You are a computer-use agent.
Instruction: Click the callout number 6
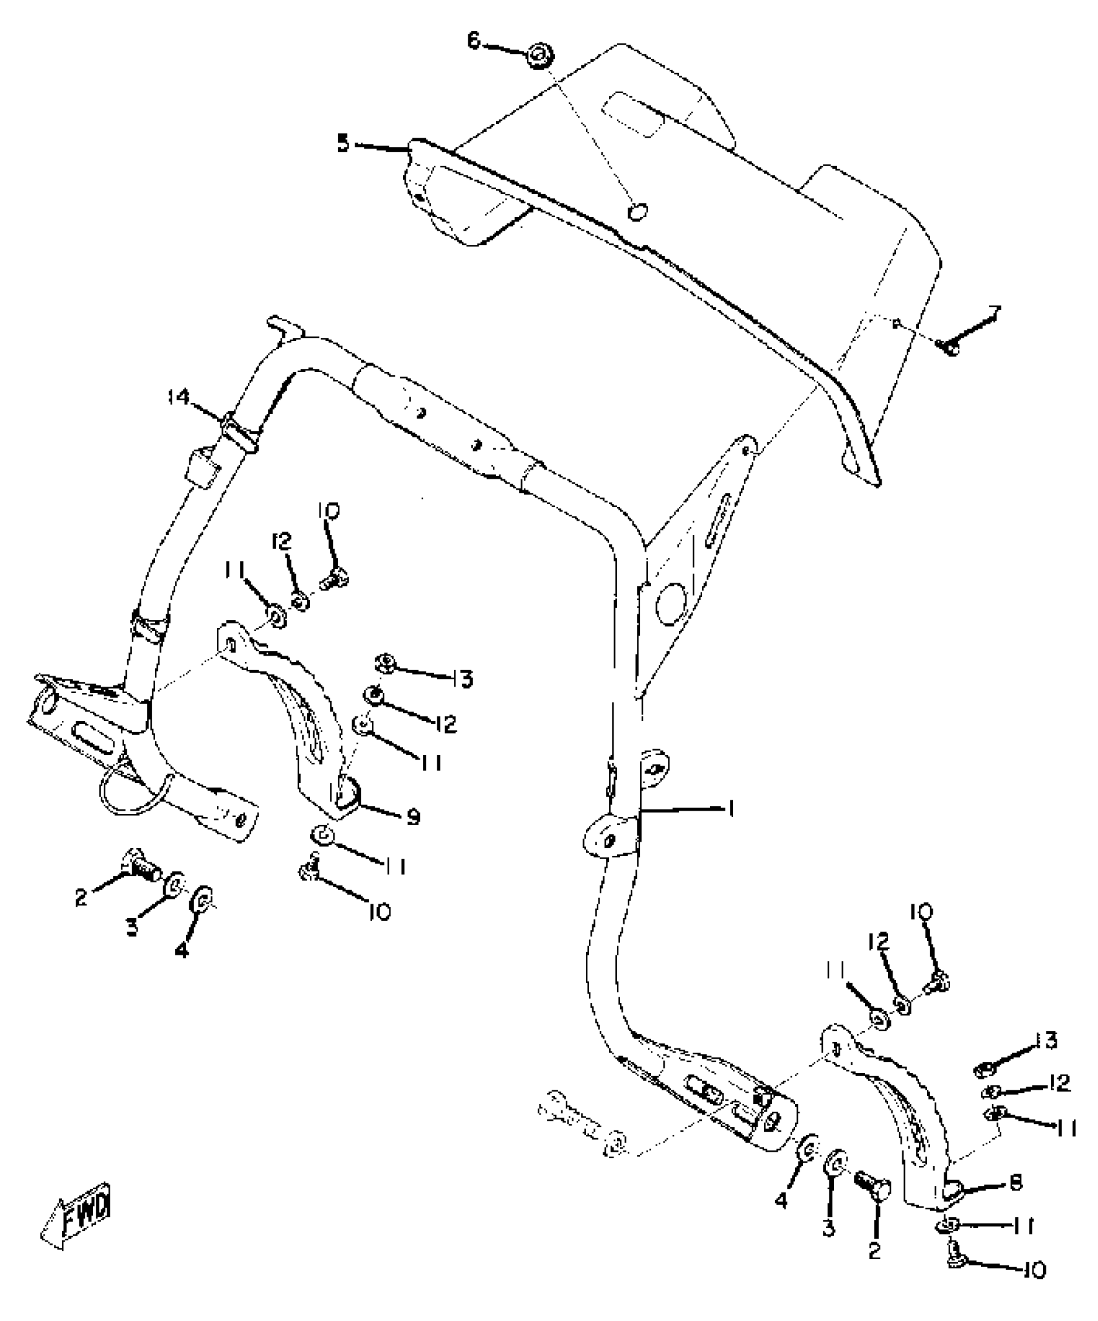[475, 41]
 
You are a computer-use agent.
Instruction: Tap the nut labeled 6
[537, 57]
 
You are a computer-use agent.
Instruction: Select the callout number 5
[344, 143]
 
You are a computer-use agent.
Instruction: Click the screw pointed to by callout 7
[950, 347]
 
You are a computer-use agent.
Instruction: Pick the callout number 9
[413, 818]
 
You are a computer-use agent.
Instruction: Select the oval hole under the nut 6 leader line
[637, 211]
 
